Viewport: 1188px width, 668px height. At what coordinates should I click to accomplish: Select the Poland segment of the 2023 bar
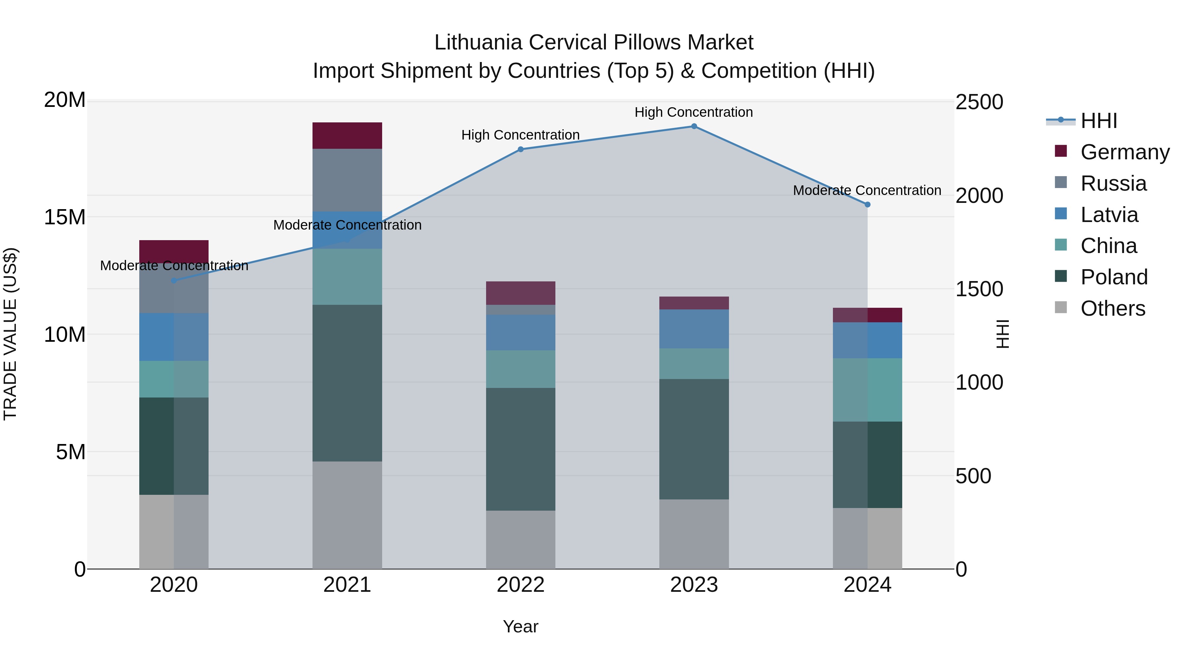[694, 438]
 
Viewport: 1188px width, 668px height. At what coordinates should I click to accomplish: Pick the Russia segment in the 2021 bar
[347, 179]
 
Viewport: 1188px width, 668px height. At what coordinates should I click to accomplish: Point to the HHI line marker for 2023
[694, 126]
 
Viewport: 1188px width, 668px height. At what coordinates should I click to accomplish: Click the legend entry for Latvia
[1109, 214]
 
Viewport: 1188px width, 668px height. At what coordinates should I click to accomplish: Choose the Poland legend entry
[1113, 277]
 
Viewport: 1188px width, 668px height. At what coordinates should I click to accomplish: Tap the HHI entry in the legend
[1099, 121]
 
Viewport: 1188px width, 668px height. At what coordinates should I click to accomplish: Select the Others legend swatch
[1061, 307]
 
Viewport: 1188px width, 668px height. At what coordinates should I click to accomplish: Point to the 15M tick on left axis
[65, 217]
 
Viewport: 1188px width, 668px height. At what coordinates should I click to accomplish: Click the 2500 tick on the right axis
[979, 102]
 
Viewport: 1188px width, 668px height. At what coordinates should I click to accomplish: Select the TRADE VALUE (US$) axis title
[10, 334]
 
